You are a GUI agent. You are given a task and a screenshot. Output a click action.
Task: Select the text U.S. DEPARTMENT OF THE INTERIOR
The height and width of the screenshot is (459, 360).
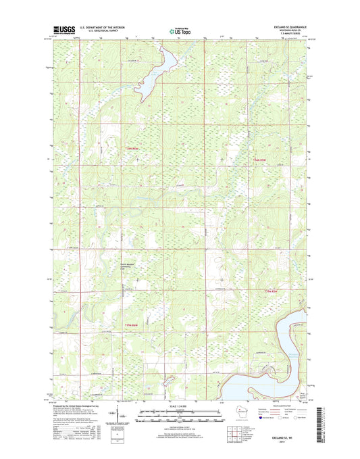(x=105, y=27)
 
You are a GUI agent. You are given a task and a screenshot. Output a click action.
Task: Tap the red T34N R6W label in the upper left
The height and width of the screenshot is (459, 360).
(x=135, y=149)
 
